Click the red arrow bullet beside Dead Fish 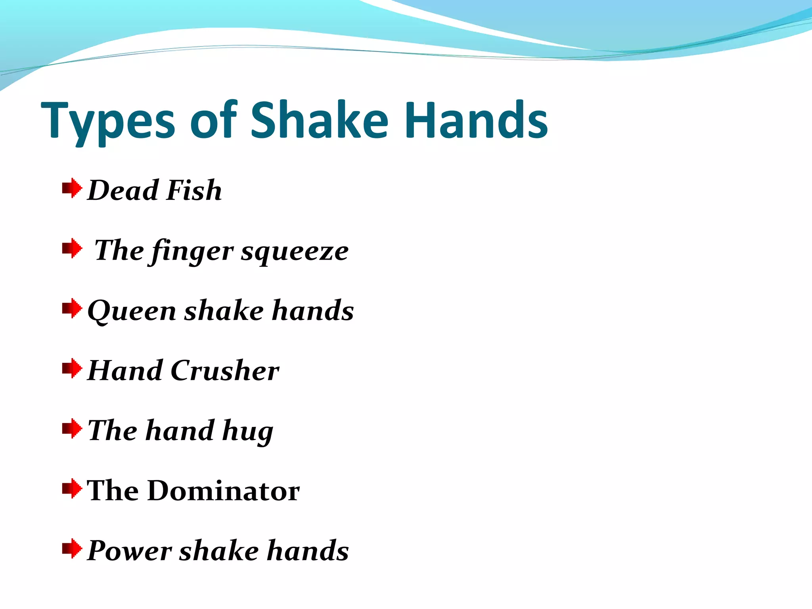[72, 188]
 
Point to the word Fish [194, 190]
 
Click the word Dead [123, 190]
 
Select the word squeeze [295, 252]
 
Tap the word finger [192, 252]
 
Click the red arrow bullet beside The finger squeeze [72, 248]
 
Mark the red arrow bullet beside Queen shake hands [72, 308]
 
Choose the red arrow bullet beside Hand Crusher [72, 368]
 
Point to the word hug [248, 431]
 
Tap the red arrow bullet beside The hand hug [72, 429]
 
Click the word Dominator [224, 491]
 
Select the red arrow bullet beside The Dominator [72, 488]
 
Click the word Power [129, 551]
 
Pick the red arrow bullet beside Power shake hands [72, 548]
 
